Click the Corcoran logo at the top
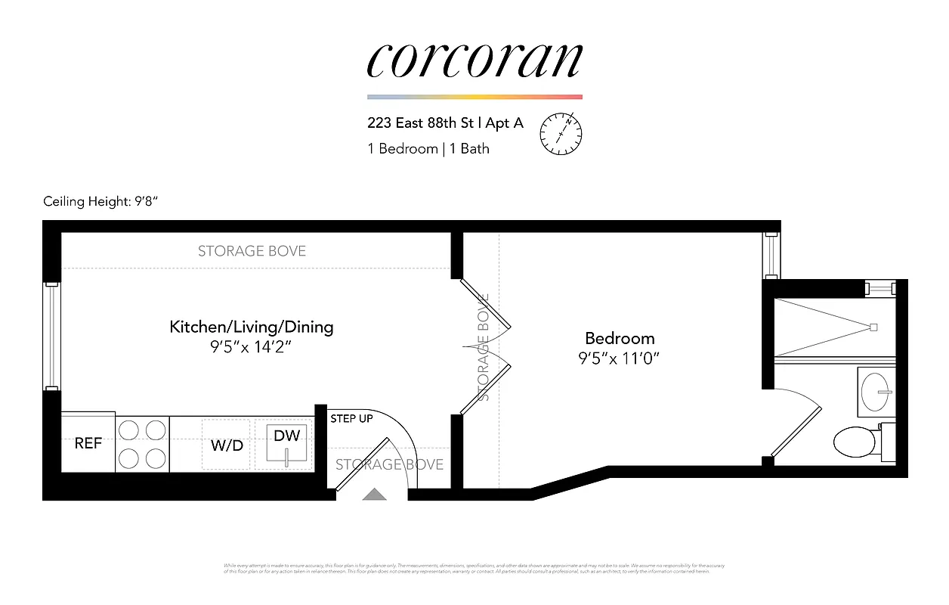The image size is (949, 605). point(474,60)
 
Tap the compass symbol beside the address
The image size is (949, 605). point(561,133)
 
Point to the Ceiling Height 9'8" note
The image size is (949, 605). point(101,201)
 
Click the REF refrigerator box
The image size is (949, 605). point(88,443)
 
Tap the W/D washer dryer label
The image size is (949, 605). point(227,445)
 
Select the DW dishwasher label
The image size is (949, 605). point(286,436)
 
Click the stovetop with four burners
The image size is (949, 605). point(143,444)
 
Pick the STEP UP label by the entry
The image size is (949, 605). point(351,418)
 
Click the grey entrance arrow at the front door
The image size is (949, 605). point(374,495)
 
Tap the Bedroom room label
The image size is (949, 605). point(620,338)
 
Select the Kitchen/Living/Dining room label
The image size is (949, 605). point(251,327)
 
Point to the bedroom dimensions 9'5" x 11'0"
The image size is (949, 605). point(620,358)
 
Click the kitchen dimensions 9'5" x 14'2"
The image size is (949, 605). point(251,347)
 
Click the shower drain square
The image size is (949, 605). point(873,327)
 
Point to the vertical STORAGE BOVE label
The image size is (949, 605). point(484,347)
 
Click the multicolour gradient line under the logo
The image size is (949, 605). point(474,97)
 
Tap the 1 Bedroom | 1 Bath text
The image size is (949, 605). point(428,148)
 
